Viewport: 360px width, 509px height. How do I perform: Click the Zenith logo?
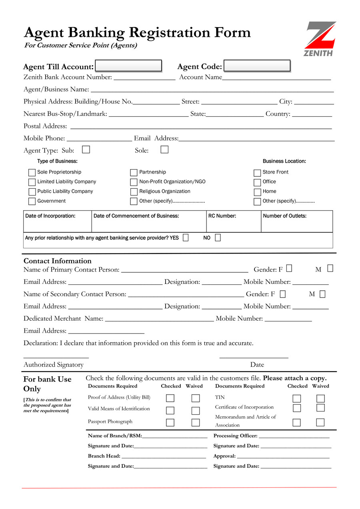pyautogui.click(x=321, y=39)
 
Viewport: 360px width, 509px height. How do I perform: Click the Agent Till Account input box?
pyautogui.click(x=128, y=66)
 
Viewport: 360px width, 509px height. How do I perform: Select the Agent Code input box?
pyautogui.click(x=257, y=66)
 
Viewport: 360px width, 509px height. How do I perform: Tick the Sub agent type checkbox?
pyautogui.click(x=86, y=150)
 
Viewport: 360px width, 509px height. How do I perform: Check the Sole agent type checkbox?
pyautogui.click(x=164, y=150)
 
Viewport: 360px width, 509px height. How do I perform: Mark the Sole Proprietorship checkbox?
pyautogui.click(x=32, y=173)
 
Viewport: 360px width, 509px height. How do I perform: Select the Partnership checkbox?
pyautogui.click(x=134, y=173)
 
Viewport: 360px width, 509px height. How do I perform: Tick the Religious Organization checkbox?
pyautogui.click(x=134, y=192)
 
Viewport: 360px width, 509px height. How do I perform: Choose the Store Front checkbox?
pyautogui.click(x=257, y=173)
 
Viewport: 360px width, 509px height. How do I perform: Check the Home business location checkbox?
pyautogui.click(x=257, y=192)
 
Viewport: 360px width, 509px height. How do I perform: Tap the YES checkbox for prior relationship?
pyautogui.click(x=186, y=238)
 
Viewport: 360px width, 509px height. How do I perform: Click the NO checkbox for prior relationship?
pyautogui.click(x=218, y=238)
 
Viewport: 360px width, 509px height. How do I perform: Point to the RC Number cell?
pyautogui.click(x=234, y=222)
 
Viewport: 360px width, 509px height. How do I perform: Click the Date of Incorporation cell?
pyautogui.click(x=58, y=222)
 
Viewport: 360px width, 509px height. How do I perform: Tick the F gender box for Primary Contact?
pyautogui.click(x=289, y=268)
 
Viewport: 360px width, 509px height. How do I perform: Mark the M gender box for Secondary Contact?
pyautogui.click(x=322, y=294)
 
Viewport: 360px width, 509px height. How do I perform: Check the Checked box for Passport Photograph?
pyautogui.click(x=170, y=423)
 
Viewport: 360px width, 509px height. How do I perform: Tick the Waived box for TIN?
pyautogui.click(x=320, y=399)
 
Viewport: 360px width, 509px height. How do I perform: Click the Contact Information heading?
pyautogui.click(x=58, y=261)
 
